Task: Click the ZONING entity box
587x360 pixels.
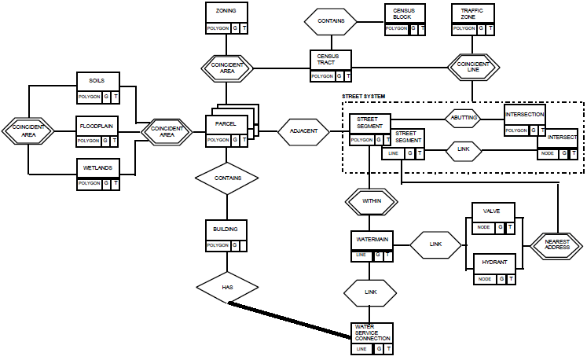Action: pos(226,18)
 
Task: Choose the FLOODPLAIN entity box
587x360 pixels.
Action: pos(97,131)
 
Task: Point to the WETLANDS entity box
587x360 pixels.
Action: pos(97,174)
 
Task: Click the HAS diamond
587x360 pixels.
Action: pos(227,288)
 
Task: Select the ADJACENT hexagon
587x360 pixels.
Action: pos(303,132)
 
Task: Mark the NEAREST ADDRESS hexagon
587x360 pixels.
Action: pos(557,244)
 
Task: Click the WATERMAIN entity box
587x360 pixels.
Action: pos(370,244)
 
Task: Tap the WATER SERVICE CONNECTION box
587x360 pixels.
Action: pos(370,336)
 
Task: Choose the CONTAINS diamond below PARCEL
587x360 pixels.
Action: pos(227,178)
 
